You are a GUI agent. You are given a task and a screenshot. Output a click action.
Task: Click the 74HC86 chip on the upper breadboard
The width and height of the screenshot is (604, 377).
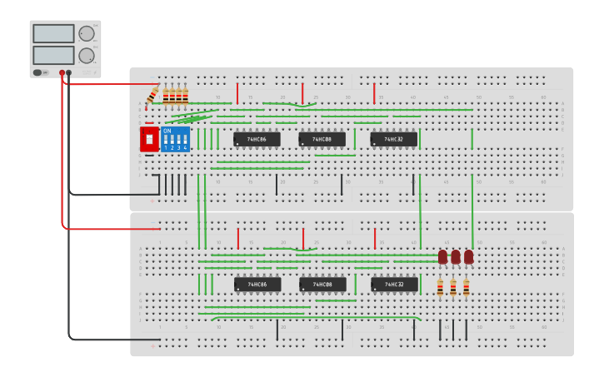(x=257, y=139)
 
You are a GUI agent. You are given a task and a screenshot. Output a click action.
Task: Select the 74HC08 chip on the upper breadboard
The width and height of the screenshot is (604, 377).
(x=322, y=139)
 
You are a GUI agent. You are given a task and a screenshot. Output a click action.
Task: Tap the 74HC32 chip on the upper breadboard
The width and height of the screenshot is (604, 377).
(x=393, y=139)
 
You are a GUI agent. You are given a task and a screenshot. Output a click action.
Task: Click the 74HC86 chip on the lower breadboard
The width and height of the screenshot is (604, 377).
(x=257, y=285)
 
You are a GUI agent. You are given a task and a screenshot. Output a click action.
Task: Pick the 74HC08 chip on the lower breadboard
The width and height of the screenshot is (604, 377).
(x=322, y=285)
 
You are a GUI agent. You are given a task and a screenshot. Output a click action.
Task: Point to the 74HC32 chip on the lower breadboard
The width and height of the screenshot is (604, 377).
(x=394, y=285)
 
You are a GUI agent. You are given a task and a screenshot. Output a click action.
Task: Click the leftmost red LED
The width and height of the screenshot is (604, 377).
(x=442, y=257)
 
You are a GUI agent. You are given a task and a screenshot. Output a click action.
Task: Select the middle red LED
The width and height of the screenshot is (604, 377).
(x=456, y=257)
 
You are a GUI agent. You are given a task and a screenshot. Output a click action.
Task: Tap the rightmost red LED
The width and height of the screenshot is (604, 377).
(x=468, y=257)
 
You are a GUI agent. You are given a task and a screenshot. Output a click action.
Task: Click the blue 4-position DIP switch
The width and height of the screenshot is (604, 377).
(x=175, y=139)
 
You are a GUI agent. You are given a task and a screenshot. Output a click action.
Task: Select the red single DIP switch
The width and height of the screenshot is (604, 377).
(x=149, y=139)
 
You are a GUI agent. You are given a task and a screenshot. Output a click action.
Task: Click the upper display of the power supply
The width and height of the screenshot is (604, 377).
(x=54, y=33)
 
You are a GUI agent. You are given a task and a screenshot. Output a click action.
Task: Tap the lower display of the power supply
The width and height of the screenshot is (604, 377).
(x=54, y=55)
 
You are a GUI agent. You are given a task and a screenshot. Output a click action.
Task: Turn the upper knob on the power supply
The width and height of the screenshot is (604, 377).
(x=87, y=33)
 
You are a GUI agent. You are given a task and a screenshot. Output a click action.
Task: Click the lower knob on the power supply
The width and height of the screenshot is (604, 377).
(x=87, y=56)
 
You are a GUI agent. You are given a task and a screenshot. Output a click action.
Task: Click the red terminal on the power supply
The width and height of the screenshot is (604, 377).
(x=62, y=73)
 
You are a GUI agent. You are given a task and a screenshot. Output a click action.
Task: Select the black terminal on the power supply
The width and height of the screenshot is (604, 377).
(x=69, y=73)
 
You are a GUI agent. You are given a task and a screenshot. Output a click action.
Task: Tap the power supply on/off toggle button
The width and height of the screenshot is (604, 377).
(x=37, y=72)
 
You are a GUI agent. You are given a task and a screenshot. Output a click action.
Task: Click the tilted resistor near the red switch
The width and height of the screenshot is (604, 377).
(x=152, y=96)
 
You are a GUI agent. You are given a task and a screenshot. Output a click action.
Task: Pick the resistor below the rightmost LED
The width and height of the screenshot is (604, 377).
(x=466, y=288)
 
